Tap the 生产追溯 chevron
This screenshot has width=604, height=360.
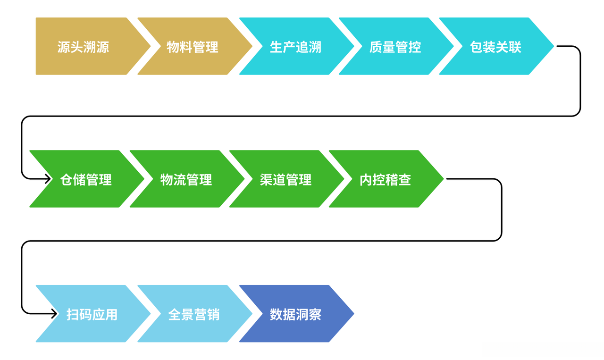pyautogui.click(x=297, y=46)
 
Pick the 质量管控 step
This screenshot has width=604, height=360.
pyautogui.click(x=396, y=46)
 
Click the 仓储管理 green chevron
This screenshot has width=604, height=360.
pyautogui.click(x=87, y=179)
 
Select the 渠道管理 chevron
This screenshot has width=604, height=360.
pyautogui.click(x=286, y=179)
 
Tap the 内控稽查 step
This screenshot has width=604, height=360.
pyautogui.click(x=386, y=179)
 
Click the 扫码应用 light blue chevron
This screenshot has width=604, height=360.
pyautogui.click(x=93, y=314)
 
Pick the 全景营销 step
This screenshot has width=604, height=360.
pyautogui.click(x=195, y=314)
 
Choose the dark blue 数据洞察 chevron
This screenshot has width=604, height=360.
pyautogui.click(x=297, y=314)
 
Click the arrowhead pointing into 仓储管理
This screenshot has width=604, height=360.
pyautogui.click(x=48, y=179)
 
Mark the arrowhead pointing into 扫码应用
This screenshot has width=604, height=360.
pyautogui.click(x=54, y=314)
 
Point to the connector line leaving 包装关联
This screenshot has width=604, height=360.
pyautogui.click(x=301, y=116)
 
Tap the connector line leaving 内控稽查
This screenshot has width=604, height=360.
pyautogui.click(x=261, y=241)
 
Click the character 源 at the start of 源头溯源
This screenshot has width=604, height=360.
pyautogui.click(x=64, y=47)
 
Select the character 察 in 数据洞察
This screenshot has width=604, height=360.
pyautogui.click(x=315, y=314)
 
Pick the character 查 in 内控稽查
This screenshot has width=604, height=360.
pyautogui.click(x=405, y=180)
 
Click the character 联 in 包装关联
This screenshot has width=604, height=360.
pyautogui.click(x=515, y=47)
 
